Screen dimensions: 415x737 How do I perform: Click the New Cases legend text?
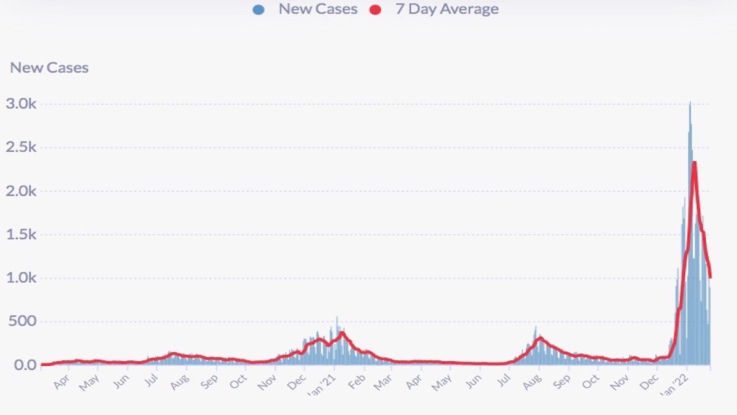pos(318,9)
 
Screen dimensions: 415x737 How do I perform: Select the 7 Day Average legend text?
pos(446,9)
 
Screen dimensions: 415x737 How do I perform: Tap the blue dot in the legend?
pos(259,10)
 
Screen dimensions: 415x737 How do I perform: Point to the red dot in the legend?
pos(375,10)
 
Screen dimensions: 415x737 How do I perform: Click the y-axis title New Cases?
pos(49,68)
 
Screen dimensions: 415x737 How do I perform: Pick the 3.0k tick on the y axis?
pos(21,104)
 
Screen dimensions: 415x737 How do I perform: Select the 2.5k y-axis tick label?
pos(21,148)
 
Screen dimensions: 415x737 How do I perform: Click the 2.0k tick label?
pos(21,191)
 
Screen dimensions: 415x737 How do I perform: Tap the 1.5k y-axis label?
pos(21,235)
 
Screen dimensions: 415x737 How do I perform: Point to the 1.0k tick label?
pos(21,278)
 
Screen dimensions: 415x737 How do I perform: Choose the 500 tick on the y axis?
pos(23,322)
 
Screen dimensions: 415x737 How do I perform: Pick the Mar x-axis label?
pos(383,381)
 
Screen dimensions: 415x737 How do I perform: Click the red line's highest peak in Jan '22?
pos(694,162)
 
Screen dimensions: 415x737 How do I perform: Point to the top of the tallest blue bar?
pos(690,103)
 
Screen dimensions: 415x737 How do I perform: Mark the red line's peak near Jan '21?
pos(342,333)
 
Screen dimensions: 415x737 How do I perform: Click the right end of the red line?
pos(711,277)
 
